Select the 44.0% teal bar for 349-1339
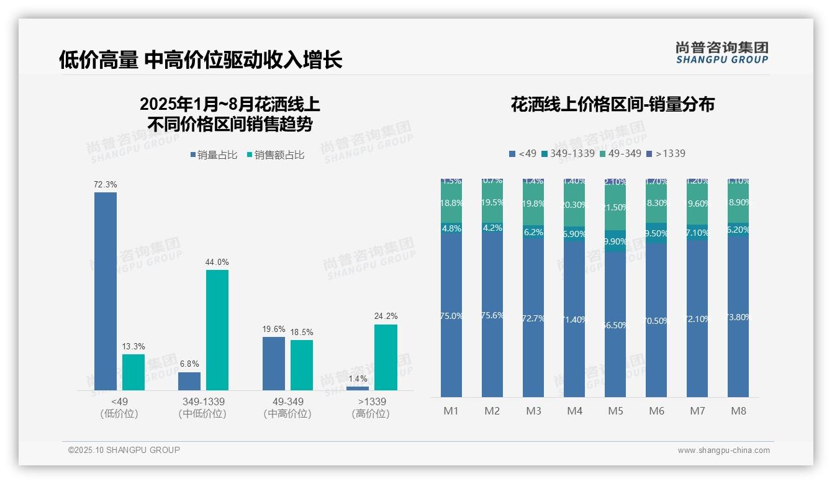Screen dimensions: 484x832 (217, 329)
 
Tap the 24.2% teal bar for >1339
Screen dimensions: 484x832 (386, 357)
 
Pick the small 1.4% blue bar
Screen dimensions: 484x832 (358, 388)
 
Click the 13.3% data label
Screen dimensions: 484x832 (133, 346)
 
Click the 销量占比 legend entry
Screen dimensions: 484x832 (214, 155)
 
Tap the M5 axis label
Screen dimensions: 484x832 (615, 411)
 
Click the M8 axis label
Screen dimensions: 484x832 (738, 411)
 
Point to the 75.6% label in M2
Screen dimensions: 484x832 (492, 315)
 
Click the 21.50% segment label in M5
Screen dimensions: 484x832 (615, 207)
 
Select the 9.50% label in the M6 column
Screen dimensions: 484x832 (656, 233)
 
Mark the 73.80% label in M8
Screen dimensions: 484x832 (738, 317)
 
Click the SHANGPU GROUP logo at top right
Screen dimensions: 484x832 (721, 52)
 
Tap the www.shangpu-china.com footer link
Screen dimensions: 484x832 (723, 450)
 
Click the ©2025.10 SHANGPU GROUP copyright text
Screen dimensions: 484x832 (124, 450)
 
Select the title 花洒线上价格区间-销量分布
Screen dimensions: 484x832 (613, 104)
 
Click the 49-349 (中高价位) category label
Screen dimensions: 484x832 (287, 408)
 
